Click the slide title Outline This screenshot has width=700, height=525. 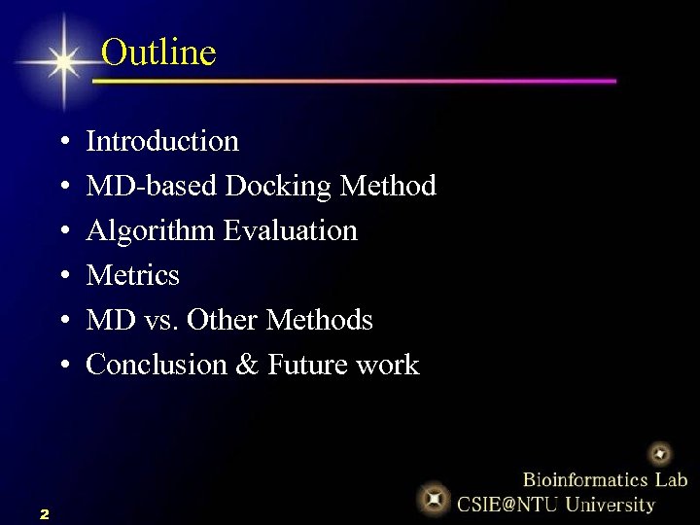pyautogui.click(x=158, y=52)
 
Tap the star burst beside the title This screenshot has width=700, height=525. pyautogui.click(x=64, y=62)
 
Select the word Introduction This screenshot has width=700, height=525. pyautogui.click(x=162, y=142)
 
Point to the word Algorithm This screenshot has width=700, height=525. pyautogui.click(x=151, y=231)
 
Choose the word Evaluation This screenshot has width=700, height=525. pyautogui.click(x=291, y=231)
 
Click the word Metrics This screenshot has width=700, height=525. pyautogui.click(x=133, y=276)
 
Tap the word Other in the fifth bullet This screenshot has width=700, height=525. pyautogui.click(x=222, y=321)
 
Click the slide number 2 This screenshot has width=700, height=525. pyautogui.click(x=45, y=513)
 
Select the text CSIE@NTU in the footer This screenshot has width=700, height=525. pyautogui.click(x=507, y=505)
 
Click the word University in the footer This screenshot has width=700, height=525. pyautogui.click(x=611, y=505)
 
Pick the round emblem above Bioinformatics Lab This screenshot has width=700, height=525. pyautogui.click(x=660, y=453)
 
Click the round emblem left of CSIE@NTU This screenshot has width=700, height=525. pyautogui.click(x=434, y=499)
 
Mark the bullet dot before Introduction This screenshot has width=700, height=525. pyautogui.click(x=62, y=143)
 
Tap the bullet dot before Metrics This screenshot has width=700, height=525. pyautogui.click(x=62, y=277)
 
